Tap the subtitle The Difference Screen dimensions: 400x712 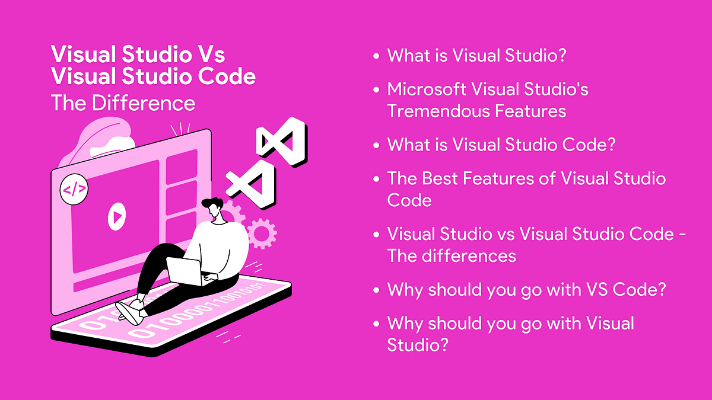pyautogui.click(x=123, y=103)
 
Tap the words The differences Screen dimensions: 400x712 pyautogui.click(x=452, y=256)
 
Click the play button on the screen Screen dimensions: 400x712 pyautogui.click(x=117, y=215)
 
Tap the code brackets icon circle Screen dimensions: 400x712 pyautogui.click(x=74, y=190)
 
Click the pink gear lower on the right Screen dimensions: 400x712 pyautogui.click(x=260, y=233)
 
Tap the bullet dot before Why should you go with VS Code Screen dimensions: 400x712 pyautogui.click(x=376, y=291)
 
